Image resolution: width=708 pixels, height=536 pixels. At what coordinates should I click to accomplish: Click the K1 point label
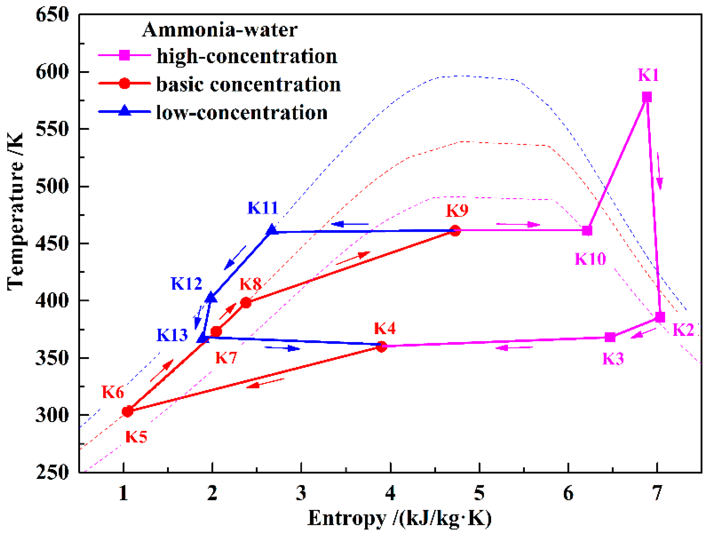(648, 75)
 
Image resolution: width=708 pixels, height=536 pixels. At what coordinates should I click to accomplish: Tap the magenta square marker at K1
(647, 97)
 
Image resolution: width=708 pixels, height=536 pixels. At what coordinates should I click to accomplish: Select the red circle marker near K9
(455, 231)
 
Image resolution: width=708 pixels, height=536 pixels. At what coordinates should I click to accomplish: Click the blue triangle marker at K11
(272, 229)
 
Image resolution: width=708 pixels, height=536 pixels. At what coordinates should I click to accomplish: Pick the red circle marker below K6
(127, 411)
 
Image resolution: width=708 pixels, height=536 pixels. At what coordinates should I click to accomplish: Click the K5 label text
(136, 437)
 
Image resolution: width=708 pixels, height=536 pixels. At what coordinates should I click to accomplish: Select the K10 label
(590, 259)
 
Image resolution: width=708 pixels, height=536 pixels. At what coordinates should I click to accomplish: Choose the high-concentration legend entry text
(247, 56)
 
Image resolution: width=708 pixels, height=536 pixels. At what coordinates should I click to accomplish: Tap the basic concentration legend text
(248, 85)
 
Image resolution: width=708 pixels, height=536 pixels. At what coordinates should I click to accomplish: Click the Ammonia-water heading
(220, 30)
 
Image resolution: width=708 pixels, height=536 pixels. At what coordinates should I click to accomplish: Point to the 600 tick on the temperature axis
(52, 72)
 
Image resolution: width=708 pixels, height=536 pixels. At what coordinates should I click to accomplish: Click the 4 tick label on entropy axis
(390, 493)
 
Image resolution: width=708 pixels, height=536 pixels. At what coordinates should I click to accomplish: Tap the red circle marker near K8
(246, 302)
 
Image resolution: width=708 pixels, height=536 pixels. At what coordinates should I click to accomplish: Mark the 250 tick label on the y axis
(52, 472)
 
